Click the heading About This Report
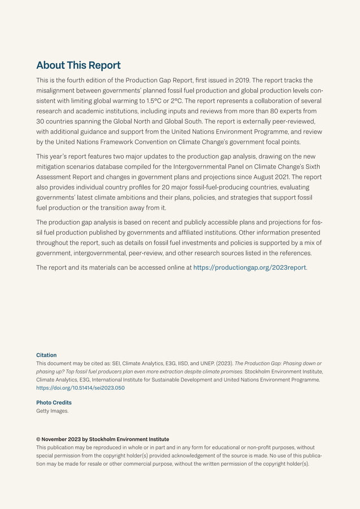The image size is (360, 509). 78,65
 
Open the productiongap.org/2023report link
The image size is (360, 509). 249,267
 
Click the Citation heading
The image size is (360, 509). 46,355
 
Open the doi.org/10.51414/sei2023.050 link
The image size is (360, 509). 80,388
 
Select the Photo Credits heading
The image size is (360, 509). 54,402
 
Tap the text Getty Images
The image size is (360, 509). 52,411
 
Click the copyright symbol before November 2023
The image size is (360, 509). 38,439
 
